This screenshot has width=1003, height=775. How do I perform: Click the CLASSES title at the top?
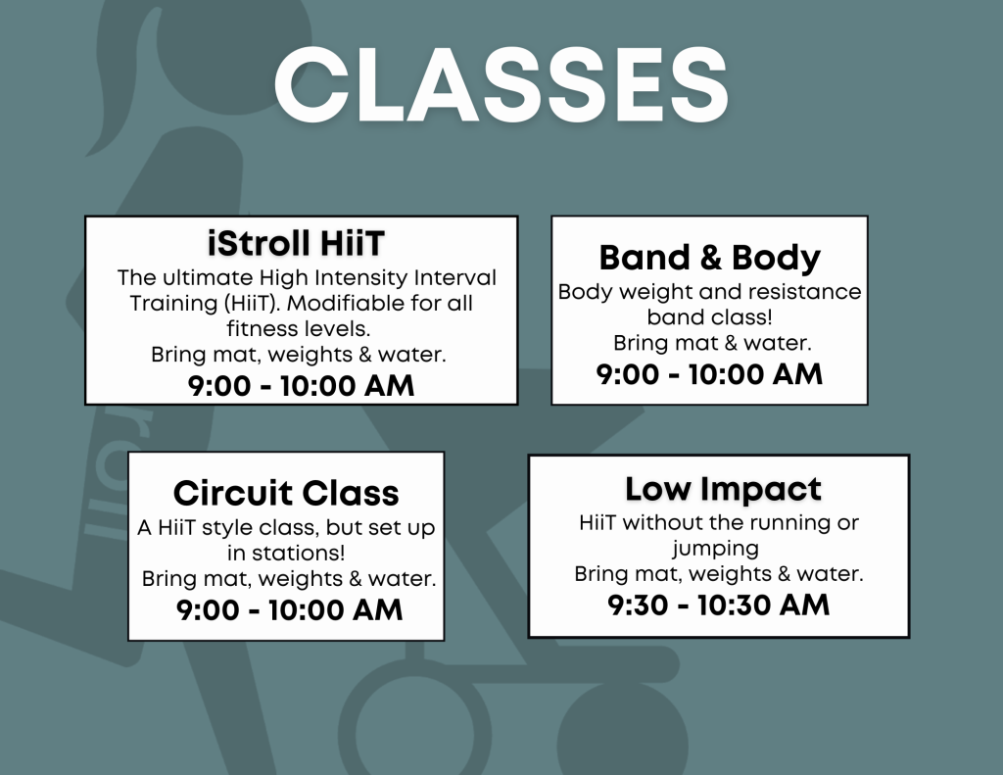click(501, 84)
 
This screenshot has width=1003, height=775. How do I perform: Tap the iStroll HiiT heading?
click(296, 243)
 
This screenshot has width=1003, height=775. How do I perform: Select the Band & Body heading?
click(710, 258)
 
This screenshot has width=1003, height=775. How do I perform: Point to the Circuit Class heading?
click(286, 493)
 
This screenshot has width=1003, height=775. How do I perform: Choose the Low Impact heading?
click(723, 490)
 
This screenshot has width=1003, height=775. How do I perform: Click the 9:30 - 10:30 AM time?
click(718, 605)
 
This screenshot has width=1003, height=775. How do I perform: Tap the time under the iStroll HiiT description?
click(302, 386)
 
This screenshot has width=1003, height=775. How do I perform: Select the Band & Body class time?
click(709, 374)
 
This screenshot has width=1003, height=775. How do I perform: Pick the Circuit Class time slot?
click(290, 609)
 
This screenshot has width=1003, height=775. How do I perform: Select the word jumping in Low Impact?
click(715, 549)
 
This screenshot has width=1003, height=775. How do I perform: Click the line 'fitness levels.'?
click(299, 329)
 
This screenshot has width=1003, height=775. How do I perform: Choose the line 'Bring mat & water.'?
click(713, 343)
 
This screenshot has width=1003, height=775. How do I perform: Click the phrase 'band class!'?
click(709, 317)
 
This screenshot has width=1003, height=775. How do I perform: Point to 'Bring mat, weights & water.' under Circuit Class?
click(289, 578)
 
